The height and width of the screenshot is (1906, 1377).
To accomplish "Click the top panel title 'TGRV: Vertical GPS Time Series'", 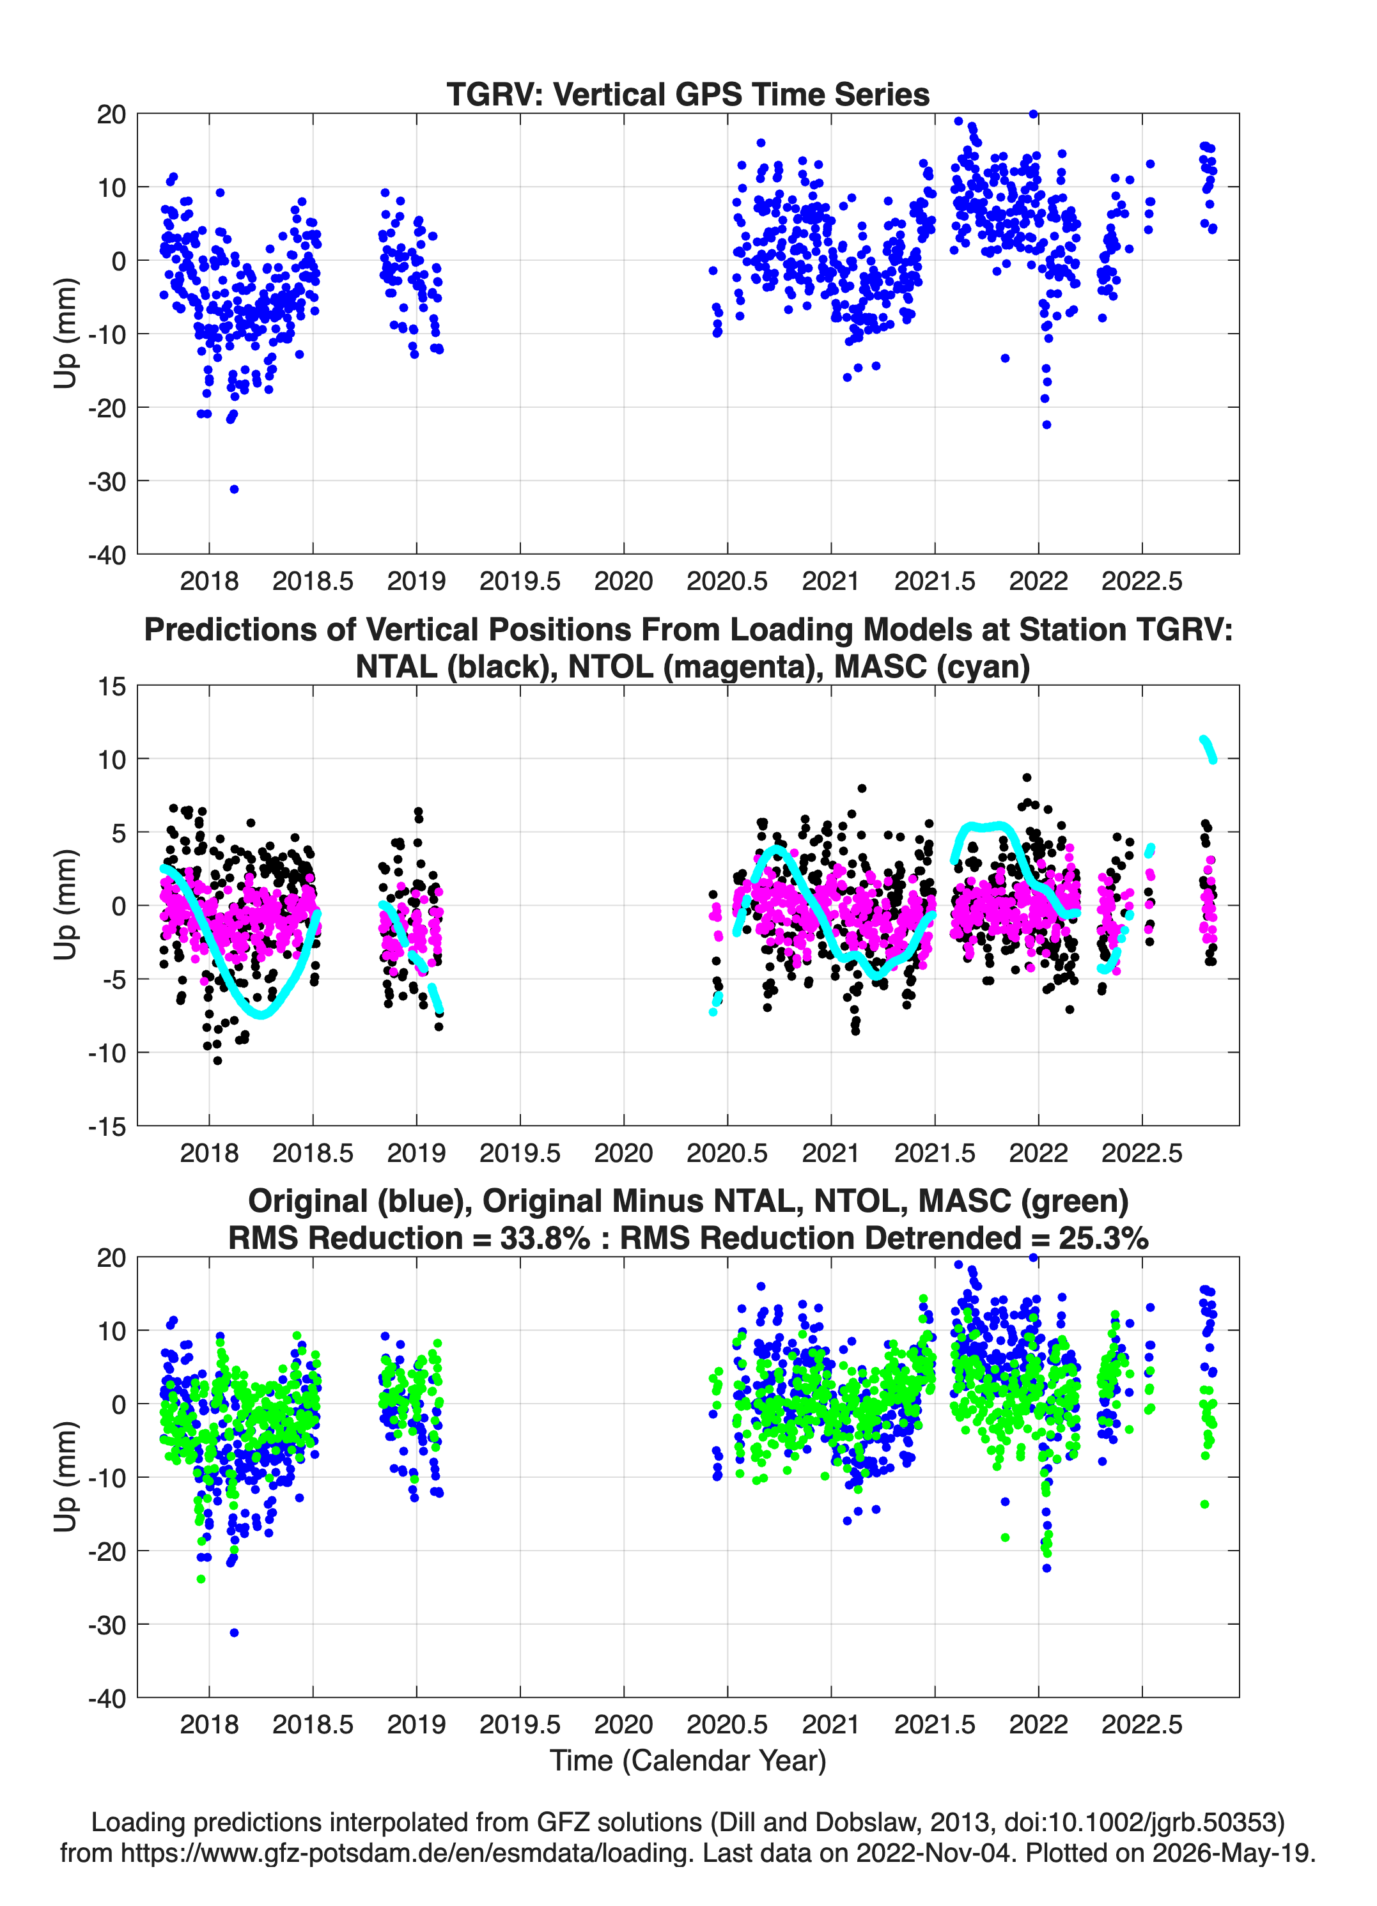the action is tap(688, 94).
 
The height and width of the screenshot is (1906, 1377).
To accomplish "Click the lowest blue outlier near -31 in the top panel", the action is tap(235, 489).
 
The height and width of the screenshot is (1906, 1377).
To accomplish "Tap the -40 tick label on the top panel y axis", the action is tap(107, 555).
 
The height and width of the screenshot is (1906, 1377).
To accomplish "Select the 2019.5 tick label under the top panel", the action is tap(520, 581).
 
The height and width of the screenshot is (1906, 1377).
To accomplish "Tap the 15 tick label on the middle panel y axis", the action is tap(112, 686).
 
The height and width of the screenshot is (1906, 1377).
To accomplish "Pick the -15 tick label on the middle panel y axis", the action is tap(107, 1126).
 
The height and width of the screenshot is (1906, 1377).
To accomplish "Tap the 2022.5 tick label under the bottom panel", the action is tap(1142, 1724).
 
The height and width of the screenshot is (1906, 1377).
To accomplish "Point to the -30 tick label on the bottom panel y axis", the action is tap(107, 1625).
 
